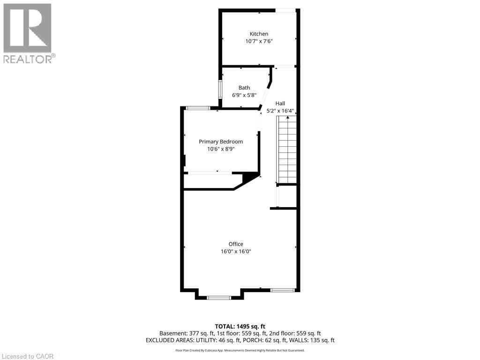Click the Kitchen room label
[259, 34]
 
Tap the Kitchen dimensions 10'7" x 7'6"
[259, 41]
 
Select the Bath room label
[244, 88]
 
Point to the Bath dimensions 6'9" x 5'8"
[244, 95]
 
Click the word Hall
[280, 104]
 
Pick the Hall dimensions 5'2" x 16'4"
[283, 111]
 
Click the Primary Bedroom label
[221, 142]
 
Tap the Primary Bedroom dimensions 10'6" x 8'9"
[221, 149]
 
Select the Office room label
[236, 244]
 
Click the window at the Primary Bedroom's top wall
[198, 108]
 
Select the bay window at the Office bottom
[219, 297]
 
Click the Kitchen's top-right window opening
[285, 10]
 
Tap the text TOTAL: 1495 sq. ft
[240, 326]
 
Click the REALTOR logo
[28, 33]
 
